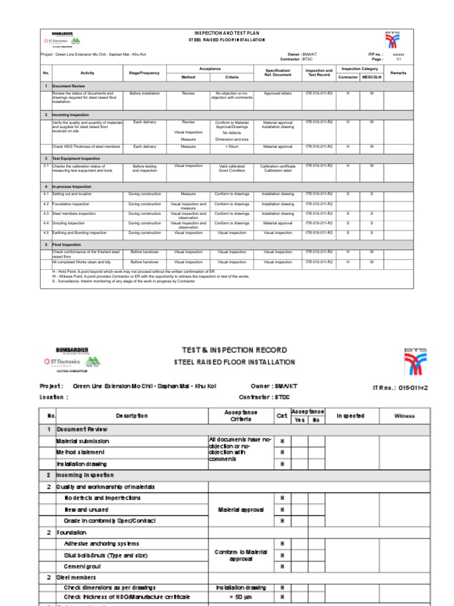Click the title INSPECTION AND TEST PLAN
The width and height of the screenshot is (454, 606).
tap(227, 33)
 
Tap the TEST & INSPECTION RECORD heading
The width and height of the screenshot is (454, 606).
tap(234, 350)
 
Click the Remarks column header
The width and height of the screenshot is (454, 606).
tap(398, 73)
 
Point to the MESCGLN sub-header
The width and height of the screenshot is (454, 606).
tap(371, 77)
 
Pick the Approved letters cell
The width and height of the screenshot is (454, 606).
tap(277, 94)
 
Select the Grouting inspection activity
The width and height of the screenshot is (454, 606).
tap(69, 223)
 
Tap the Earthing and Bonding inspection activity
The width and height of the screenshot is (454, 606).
tap(79, 233)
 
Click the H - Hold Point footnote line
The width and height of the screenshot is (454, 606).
tap(133, 272)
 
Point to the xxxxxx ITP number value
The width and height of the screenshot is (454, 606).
tap(398, 54)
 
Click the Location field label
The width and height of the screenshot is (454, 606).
tap(54, 397)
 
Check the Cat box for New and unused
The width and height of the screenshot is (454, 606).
tap(283, 510)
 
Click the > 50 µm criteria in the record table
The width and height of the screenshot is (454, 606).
tap(240, 597)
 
